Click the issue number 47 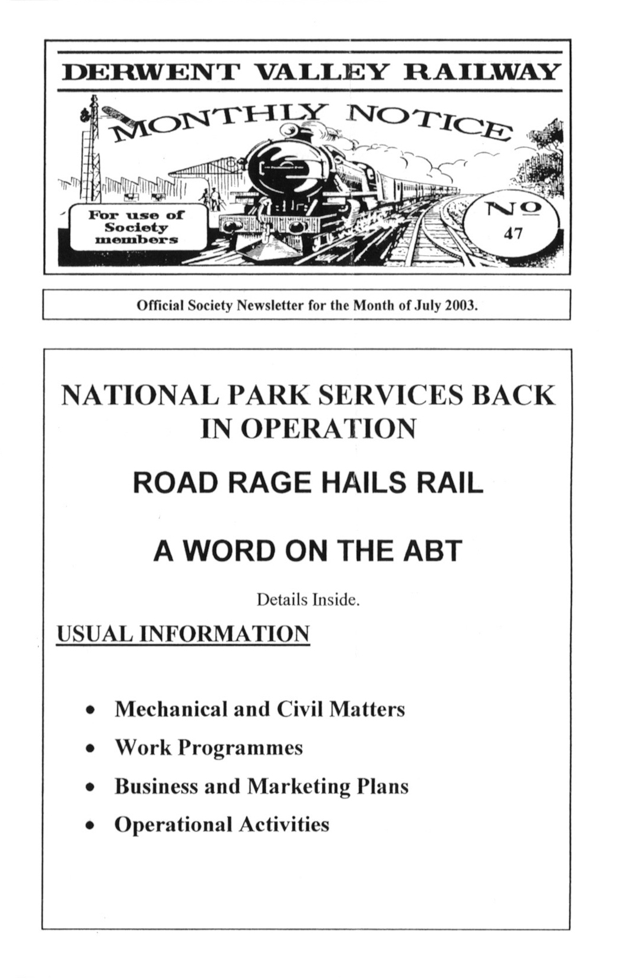(x=513, y=234)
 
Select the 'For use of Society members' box (x=137, y=227)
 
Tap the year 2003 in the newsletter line (x=461, y=306)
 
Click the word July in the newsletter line (x=431, y=306)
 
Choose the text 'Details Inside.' (x=308, y=600)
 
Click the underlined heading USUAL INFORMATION (x=183, y=634)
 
